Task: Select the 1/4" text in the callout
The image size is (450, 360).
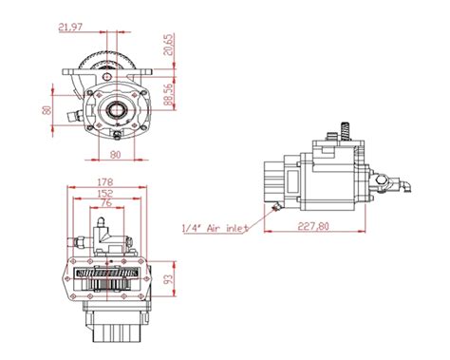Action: pyautogui.click(x=190, y=227)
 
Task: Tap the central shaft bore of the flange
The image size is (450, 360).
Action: pyautogui.click(x=117, y=110)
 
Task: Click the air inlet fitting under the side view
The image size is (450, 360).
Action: pyautogui.click(x=276, y=205)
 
